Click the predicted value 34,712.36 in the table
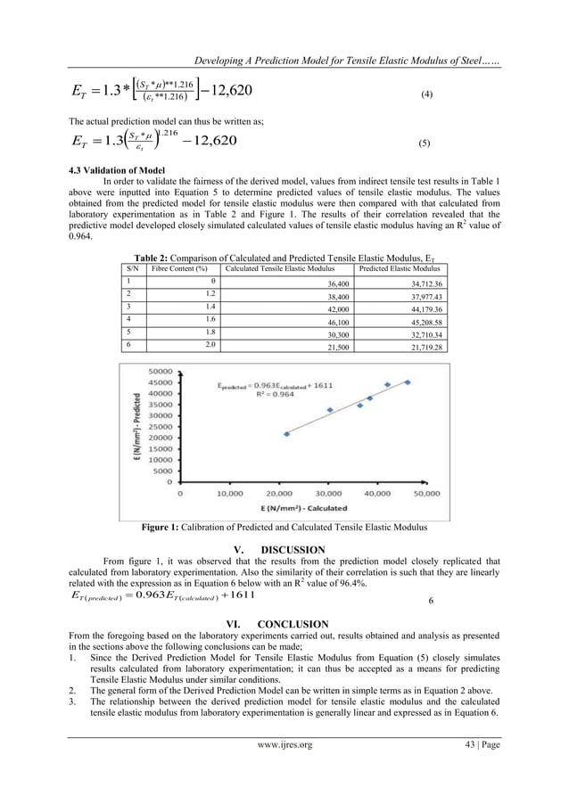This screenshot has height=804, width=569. (x=423, y=283)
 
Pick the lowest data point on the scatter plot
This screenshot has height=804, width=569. (x=286, y=434)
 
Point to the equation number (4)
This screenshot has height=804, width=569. (x=424, y=94)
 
